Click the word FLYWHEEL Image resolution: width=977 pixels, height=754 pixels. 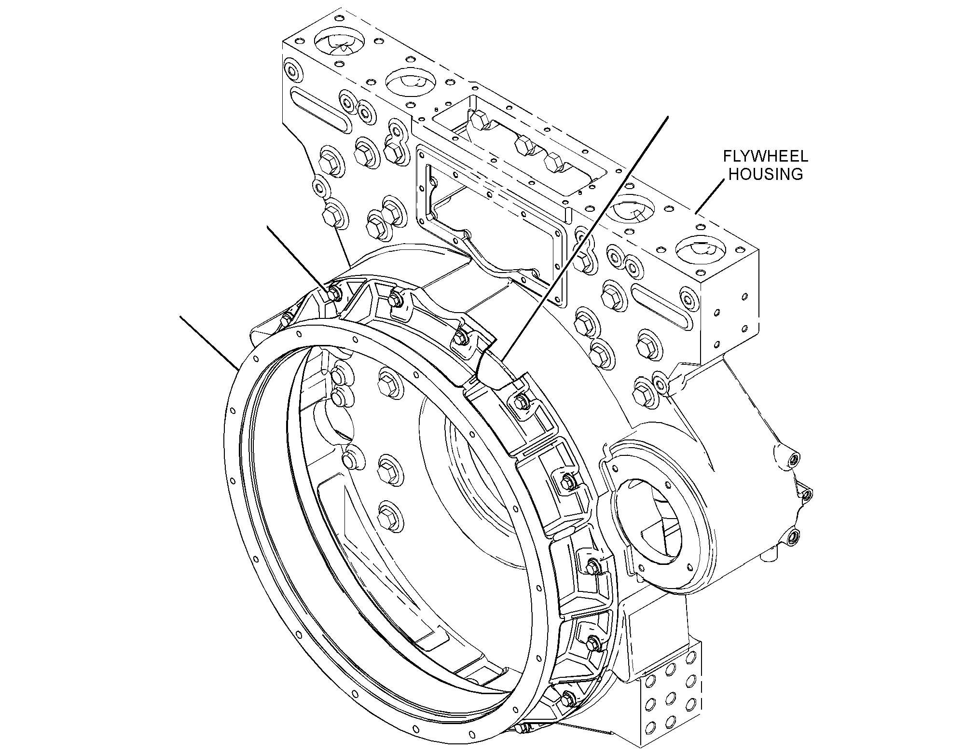point(765,156)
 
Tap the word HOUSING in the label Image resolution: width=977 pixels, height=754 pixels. point(765,174)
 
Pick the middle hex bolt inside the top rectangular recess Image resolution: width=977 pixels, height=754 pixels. point(524,143)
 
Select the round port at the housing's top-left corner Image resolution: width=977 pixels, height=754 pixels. point(292,69)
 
